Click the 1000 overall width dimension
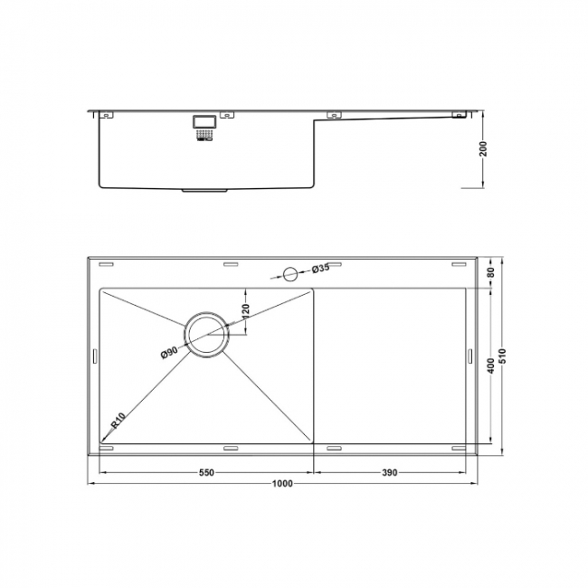[x=282, y=484]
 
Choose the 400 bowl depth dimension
[x=490, y=365]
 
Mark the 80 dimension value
[x=490, y=272]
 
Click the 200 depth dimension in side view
[x=484, y=149]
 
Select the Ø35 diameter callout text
[x=319, y=269]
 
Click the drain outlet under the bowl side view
[x=206, y=190]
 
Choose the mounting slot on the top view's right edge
[x=469, y=356]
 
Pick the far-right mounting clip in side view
[x=460, y=115]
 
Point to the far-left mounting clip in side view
[x=108, y=115]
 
